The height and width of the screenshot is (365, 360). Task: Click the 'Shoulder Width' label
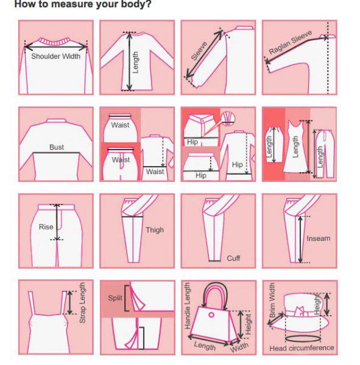55,56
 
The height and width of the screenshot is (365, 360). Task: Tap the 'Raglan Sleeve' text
291,42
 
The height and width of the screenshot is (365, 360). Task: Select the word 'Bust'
57,147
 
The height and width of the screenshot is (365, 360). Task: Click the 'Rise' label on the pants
46,227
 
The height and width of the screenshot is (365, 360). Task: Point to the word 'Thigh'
155,230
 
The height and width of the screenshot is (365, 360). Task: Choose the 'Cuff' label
233,258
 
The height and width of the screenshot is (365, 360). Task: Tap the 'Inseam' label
319,238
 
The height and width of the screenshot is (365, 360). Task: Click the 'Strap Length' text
82,303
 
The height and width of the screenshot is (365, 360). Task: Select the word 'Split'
115,298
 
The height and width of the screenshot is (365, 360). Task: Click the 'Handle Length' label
187,306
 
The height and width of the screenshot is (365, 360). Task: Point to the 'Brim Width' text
272,300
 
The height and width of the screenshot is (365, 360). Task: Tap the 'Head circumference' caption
302,348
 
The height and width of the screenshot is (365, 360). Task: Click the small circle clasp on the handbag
211,315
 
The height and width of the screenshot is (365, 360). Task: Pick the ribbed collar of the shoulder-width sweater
55,41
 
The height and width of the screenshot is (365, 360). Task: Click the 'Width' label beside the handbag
239,347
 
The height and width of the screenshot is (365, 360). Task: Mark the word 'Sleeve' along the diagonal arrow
199,50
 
